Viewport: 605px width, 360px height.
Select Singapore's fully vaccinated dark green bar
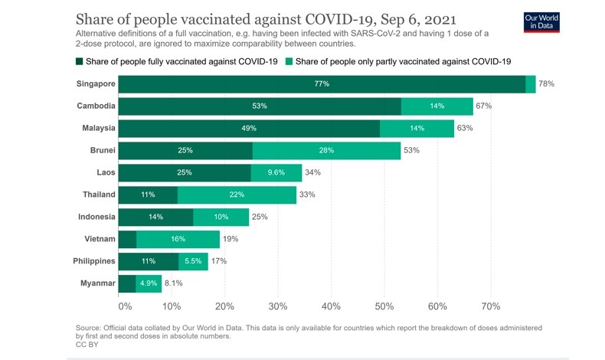322,83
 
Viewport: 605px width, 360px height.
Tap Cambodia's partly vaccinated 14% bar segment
437,106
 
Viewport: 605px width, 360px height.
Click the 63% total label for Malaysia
465,128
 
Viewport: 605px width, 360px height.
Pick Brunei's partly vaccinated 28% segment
326,150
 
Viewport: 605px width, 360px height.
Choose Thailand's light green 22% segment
237,195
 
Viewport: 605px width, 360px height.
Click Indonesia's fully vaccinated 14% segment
155,217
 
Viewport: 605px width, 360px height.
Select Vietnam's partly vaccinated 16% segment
178,239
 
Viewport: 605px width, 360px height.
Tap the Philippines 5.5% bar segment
193,261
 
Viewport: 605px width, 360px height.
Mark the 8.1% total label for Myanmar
174,283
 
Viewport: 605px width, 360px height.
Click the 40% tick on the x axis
331,306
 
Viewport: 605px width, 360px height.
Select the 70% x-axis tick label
491,306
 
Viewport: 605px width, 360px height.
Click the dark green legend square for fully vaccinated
79,60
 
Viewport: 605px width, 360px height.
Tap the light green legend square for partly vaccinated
289,60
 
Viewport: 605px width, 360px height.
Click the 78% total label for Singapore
546,83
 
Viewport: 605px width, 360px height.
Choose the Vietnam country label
100,239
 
